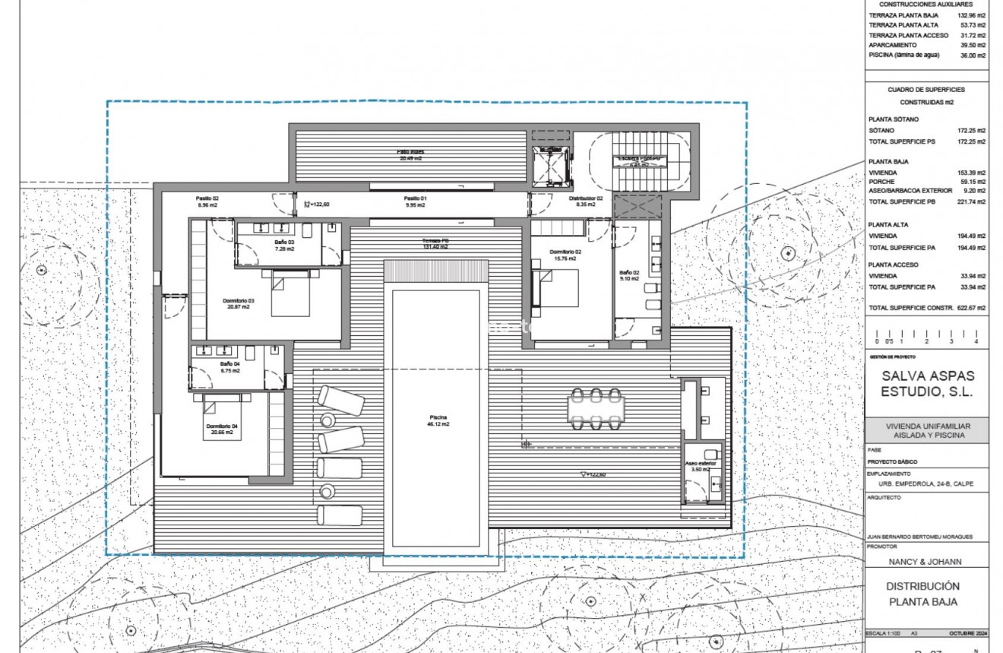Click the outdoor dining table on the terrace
(596, 408)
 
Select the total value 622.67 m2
(970, 308)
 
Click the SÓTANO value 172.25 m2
(970, 131)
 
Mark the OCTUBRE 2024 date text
(967, 633)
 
